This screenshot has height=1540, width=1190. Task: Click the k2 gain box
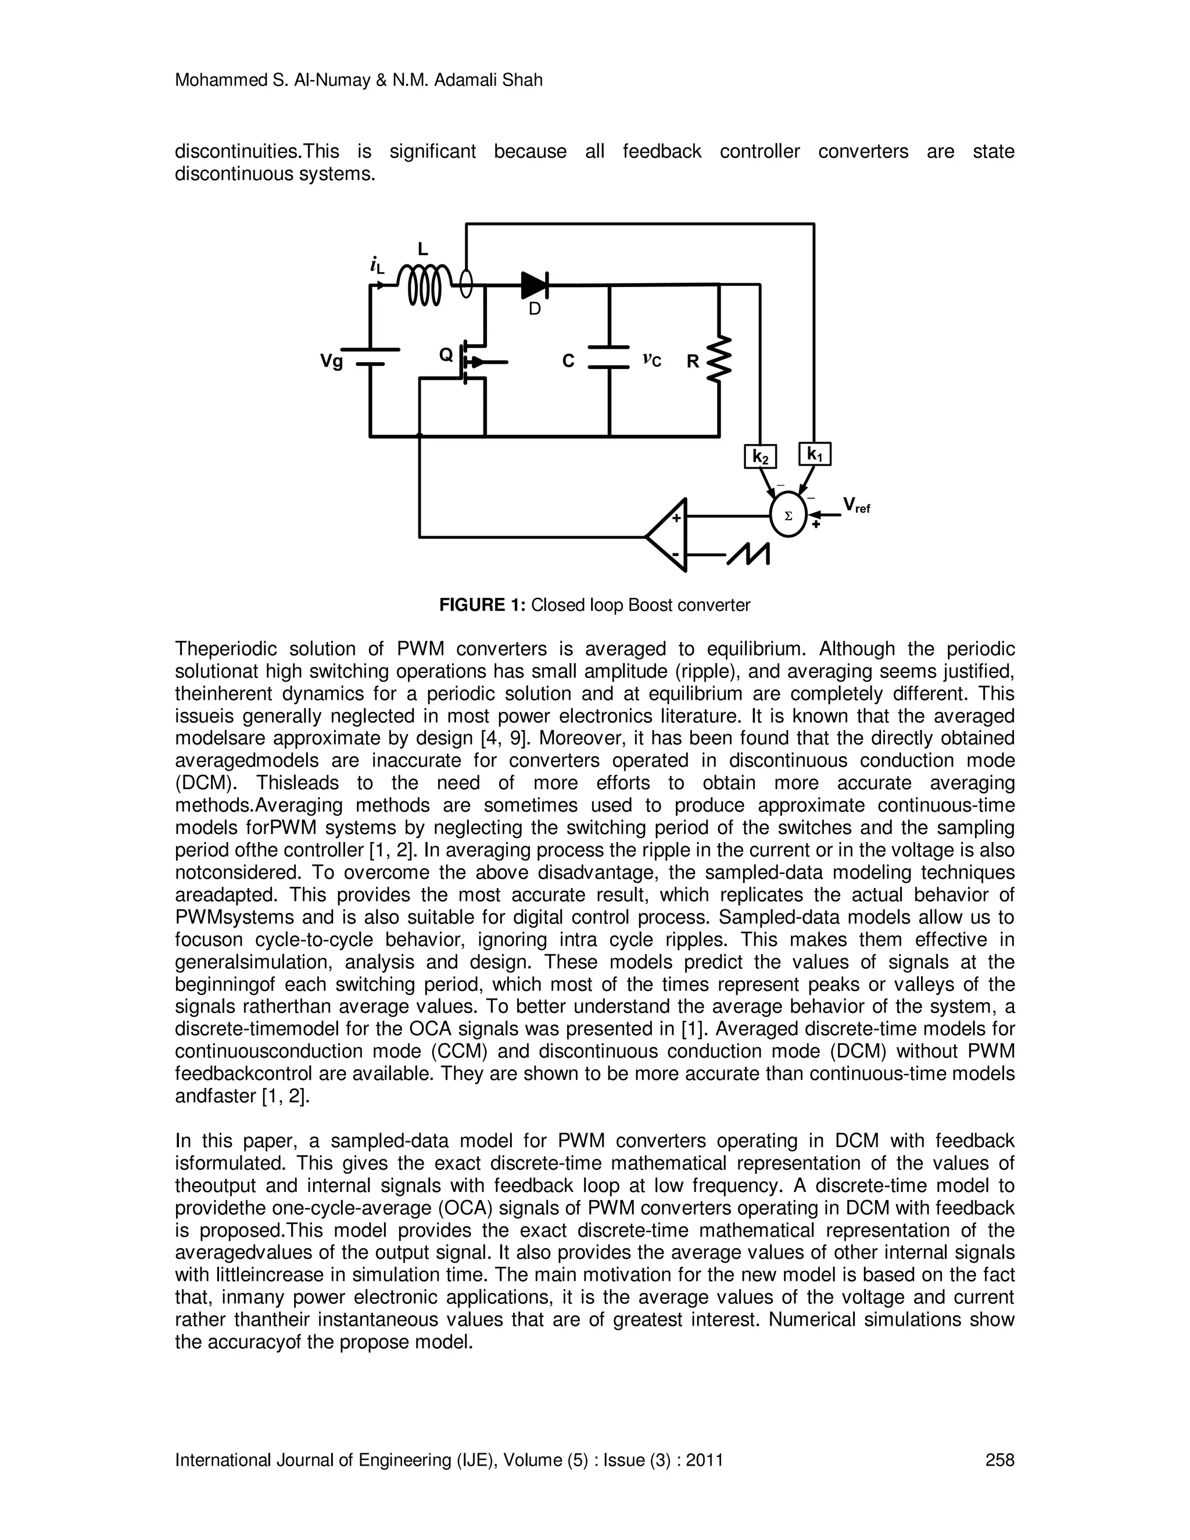760,457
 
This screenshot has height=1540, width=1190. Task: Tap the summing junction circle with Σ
788,515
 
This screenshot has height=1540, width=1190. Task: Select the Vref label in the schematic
856,505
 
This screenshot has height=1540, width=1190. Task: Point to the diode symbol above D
535,285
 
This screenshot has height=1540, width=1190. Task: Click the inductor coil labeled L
424,285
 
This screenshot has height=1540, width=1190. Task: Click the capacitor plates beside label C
609,357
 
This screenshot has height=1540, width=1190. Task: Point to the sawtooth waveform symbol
748,554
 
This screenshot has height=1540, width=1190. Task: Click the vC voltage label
651,360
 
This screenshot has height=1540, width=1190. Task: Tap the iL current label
377,265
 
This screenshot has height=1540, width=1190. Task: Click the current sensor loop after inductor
465,285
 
